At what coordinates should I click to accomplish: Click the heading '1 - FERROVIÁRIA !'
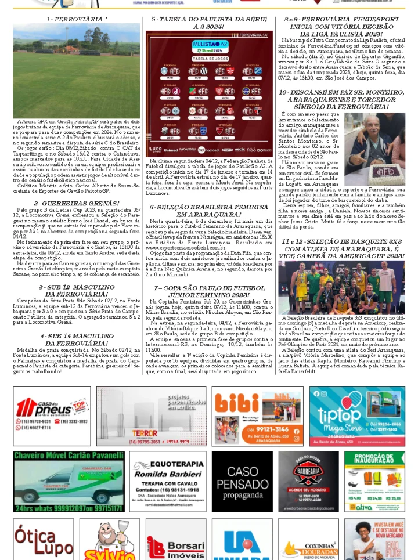tap(77, 19)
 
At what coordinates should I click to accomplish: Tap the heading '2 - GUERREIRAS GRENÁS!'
tap(77, 204)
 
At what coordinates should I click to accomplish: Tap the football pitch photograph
tap(77, 70)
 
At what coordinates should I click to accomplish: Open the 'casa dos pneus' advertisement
tap(52, 416)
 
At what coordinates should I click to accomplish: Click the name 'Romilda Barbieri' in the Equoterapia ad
tap(168, 474)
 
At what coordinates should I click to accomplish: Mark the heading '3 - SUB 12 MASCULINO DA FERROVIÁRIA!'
tap(77, 291)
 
